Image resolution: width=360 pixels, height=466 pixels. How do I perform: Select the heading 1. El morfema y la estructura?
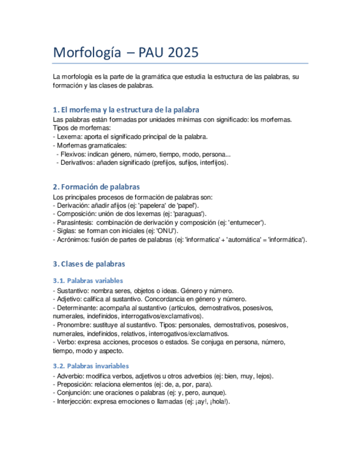point(126,109)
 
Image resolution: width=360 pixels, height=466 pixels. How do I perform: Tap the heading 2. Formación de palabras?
point(96,187)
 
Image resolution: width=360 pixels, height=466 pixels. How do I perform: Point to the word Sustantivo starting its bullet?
point(73,291)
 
